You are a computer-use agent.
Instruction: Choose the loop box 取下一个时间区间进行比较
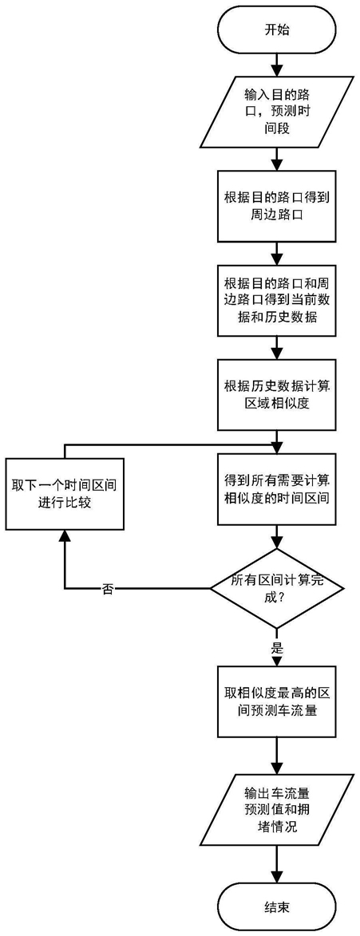pyautogui.click(x=64, y=493)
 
